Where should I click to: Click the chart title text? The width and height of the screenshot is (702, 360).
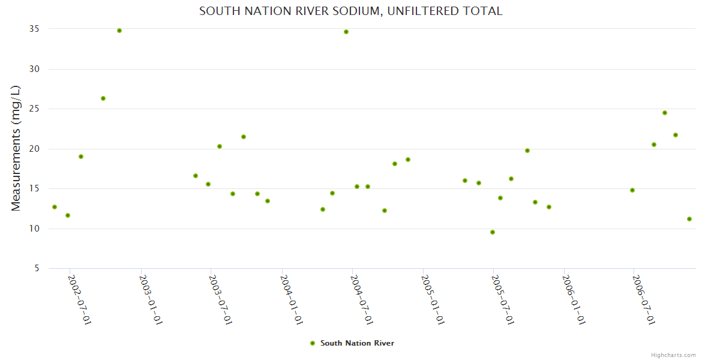tap(350, 11)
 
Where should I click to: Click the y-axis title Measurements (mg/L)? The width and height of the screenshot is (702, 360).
tap(16, 148)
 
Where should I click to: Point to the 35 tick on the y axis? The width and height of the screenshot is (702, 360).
tap(34, 29)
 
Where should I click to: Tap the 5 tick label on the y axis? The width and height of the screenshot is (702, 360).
tap(36, 268)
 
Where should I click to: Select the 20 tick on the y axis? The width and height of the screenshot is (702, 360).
tap(34, 149)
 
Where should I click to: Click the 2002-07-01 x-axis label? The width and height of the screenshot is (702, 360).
tap(80, 300)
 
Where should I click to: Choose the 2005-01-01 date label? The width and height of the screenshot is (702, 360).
tap(433, 300)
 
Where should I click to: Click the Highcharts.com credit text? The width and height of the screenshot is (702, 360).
tap(673, 355)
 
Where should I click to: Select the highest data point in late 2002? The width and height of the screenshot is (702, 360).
tap(119, 31)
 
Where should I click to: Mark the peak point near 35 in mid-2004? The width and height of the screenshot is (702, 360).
tap(346, 32)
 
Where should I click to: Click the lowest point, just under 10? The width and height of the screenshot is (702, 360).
tap(493, 232)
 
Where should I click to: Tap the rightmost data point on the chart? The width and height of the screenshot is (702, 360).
tap(689, 219)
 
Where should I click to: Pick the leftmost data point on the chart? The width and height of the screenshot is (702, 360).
tap(55, 207)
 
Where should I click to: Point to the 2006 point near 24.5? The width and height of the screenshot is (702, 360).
tap(665, 113)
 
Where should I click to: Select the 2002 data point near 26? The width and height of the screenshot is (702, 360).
tap(103, 98)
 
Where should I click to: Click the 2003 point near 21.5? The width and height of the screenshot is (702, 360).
tap(244, 137)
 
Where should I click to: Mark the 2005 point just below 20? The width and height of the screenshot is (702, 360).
tap(527, 151)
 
